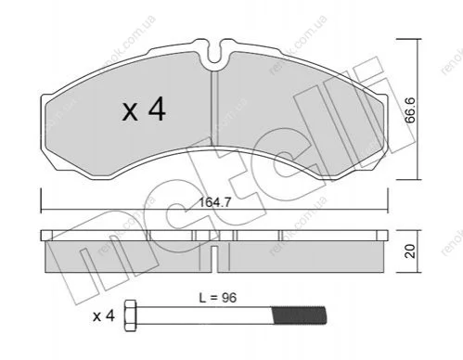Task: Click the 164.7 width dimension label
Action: pos(214,202)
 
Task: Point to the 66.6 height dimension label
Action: pos(410,109)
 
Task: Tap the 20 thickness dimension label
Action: pos(411,251)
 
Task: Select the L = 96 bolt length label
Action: pos(218,298)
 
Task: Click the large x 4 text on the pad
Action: pos(144,109)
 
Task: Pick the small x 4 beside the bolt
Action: pos(104,316)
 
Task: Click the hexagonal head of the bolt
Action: pos(130,315)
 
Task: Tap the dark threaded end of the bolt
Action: pos(299,315)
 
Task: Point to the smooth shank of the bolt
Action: pos(204,315)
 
